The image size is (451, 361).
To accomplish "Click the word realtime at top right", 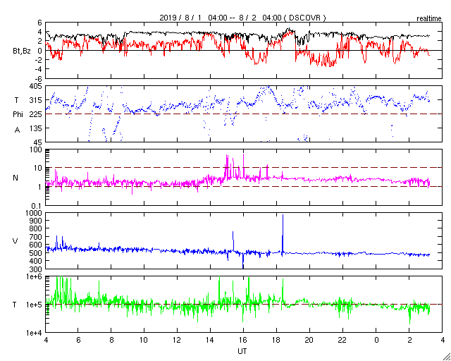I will coord(428,16).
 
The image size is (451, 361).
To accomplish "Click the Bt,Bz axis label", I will coord(22,50).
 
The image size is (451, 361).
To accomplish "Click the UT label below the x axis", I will coord(242,350).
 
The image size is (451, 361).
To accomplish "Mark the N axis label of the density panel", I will coord(16,178).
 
